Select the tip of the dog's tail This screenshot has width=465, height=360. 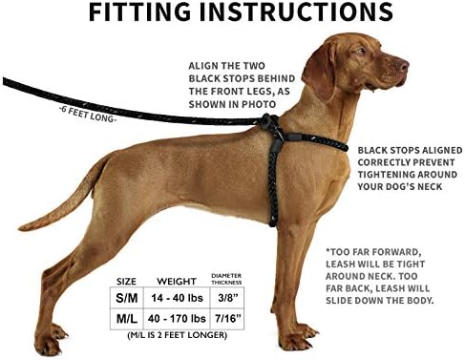21,227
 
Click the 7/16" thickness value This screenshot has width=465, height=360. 226,318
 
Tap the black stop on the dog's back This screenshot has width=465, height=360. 272,121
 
